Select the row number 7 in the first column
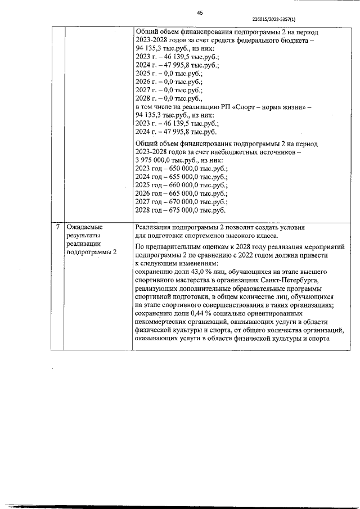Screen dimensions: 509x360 pos(58,227)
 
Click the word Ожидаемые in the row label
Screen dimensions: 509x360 pos(84,227)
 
